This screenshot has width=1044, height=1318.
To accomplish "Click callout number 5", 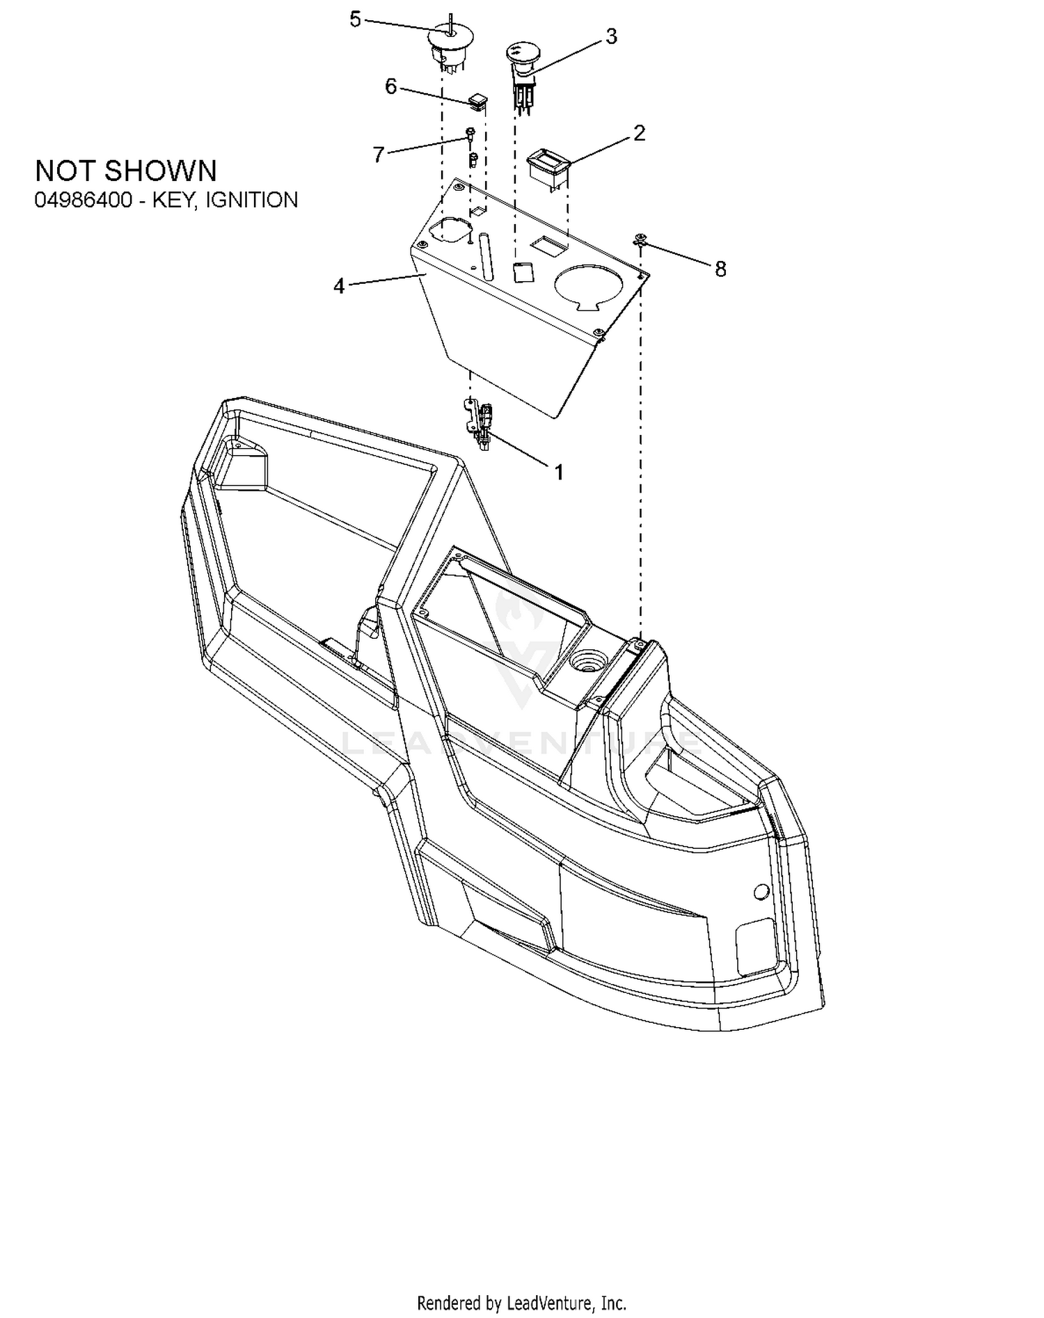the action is point(355,20).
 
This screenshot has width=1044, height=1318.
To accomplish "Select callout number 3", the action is point(611,37).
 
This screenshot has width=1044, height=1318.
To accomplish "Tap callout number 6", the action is point(391,87).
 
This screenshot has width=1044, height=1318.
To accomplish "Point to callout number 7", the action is point(379,154).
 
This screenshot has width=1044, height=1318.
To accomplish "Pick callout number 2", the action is point(639,133).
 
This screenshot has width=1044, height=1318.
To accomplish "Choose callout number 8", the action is point(720,269).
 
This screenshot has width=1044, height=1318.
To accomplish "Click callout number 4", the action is point(339,286).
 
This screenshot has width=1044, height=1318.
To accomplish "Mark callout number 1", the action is point(558,473).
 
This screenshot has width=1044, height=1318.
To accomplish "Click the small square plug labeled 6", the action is point(477,101).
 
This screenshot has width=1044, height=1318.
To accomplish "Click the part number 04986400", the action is point(84,200).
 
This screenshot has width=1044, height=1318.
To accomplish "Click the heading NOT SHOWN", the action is point(126,170).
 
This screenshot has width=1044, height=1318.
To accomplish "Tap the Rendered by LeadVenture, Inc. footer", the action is point(521,1303).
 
